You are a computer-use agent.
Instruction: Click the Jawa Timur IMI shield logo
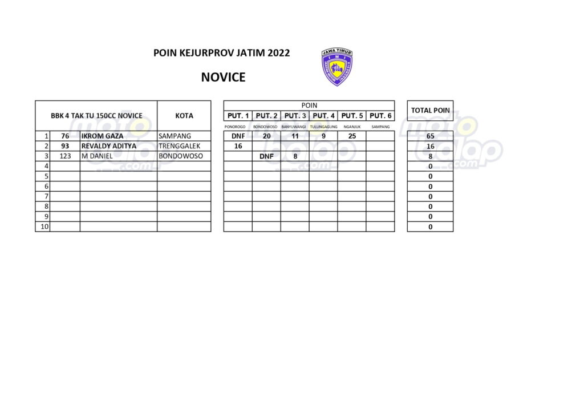coord(336,67)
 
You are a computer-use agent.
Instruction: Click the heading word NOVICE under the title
coord(223,78)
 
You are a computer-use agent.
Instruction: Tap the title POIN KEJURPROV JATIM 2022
coord(221,53)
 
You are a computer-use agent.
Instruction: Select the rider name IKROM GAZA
coord(102,136)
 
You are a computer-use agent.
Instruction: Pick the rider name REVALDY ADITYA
coord(108,146)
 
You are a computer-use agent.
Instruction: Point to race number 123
coord(65,156)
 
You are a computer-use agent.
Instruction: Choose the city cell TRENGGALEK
coord(179,146)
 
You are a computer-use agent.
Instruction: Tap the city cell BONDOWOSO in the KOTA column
coord(181,156)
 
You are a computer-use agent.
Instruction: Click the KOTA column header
coord(184,116)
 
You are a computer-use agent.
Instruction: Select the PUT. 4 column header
coord(323,116)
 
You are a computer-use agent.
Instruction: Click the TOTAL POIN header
coord(431,110)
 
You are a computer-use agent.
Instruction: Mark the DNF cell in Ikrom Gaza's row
coord(238,136)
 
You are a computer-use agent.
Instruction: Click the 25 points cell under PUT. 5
coord(351,136)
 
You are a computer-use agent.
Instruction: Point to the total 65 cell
coord(431,136)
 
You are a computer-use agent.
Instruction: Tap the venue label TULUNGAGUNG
coord(323,127)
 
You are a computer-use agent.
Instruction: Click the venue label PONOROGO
coord(235,127)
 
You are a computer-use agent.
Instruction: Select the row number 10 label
coord(44,226)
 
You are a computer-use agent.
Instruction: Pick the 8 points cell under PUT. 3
coord(295,156)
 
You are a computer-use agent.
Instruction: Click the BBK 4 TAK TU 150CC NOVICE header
coord(96,116)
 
